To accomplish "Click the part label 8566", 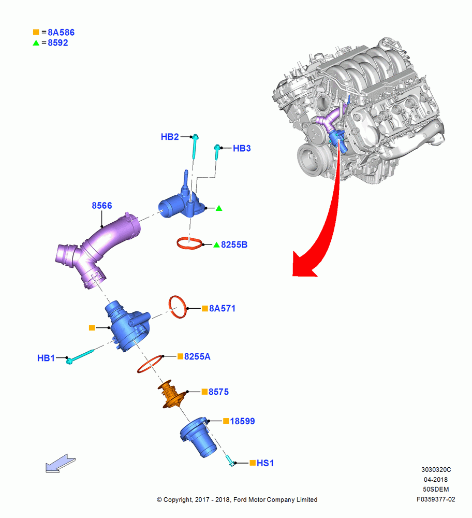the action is point(101,206).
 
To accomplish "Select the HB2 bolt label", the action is point(170,137).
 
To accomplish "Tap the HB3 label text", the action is point(242,148).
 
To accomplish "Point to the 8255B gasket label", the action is point(234,244).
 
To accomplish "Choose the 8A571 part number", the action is point(222,308).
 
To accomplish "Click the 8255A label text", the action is point(197,356).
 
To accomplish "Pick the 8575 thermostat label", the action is point(218,392).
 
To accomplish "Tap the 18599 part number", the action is point(242,421).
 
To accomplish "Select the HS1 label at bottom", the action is point(265,463).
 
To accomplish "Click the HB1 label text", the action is point(46,358).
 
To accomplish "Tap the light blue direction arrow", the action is point(61,464).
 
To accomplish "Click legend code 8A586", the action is point(61,32).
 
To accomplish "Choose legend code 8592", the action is point(58,43).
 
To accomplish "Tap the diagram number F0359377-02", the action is point(436,499).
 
